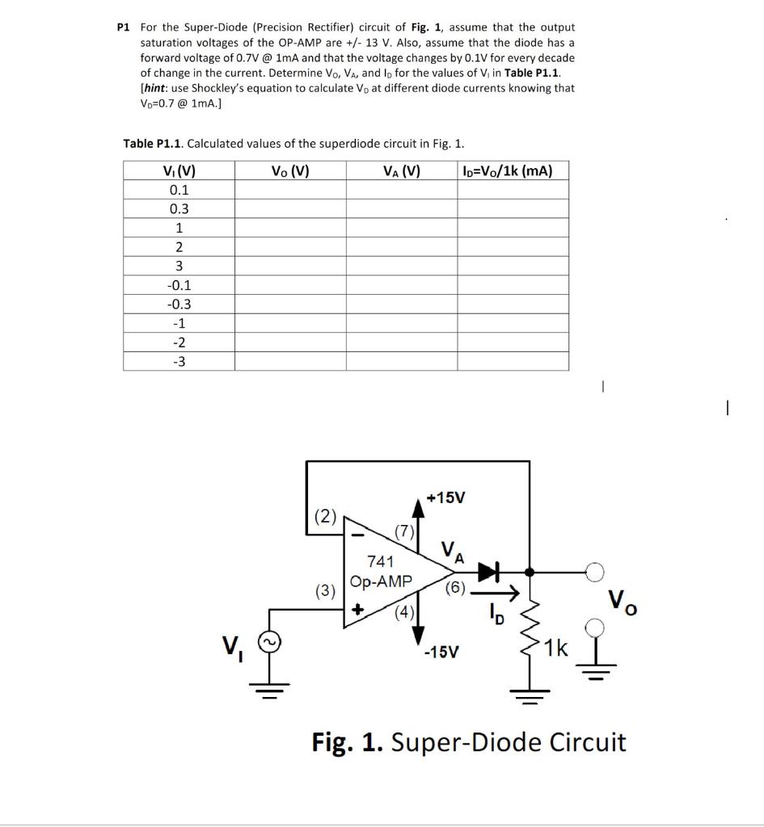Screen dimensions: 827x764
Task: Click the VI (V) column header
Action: [x=179, y=170]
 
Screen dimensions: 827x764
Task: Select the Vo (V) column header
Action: [x=290, y=170]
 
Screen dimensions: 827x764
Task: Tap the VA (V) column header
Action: [x=402, y=170]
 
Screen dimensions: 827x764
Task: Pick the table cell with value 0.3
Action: [x=179, y=208]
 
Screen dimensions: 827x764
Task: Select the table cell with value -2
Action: [x=179, y=342]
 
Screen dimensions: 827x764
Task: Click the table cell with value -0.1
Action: [x=179, y=285]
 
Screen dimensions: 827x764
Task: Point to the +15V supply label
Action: [x=445, y=497]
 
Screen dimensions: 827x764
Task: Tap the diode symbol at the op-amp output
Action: [x=488, y=573]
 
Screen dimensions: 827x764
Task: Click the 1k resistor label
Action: [x=557, y=648]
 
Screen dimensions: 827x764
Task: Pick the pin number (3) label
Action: [x=325, y=590]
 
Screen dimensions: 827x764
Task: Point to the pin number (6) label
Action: [x=454, y=587]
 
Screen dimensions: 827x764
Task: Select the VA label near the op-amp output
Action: [x=453, y=552]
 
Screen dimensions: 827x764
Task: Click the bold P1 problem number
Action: [x=123, y=27]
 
